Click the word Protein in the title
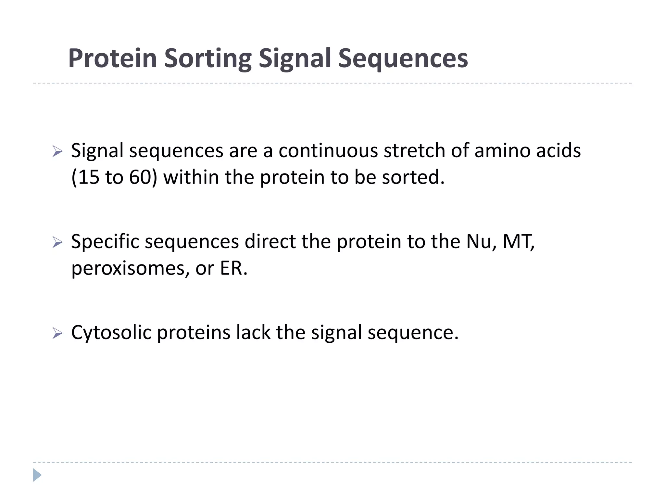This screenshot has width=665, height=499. [112, 58]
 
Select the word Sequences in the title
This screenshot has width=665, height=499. [403, 58]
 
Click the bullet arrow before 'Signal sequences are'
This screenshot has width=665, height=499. [57, 151]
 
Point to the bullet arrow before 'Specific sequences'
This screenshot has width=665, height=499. [57, 242]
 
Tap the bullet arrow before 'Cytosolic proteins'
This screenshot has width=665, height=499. [57, 333]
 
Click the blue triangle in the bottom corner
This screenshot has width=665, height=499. [37, 475]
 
